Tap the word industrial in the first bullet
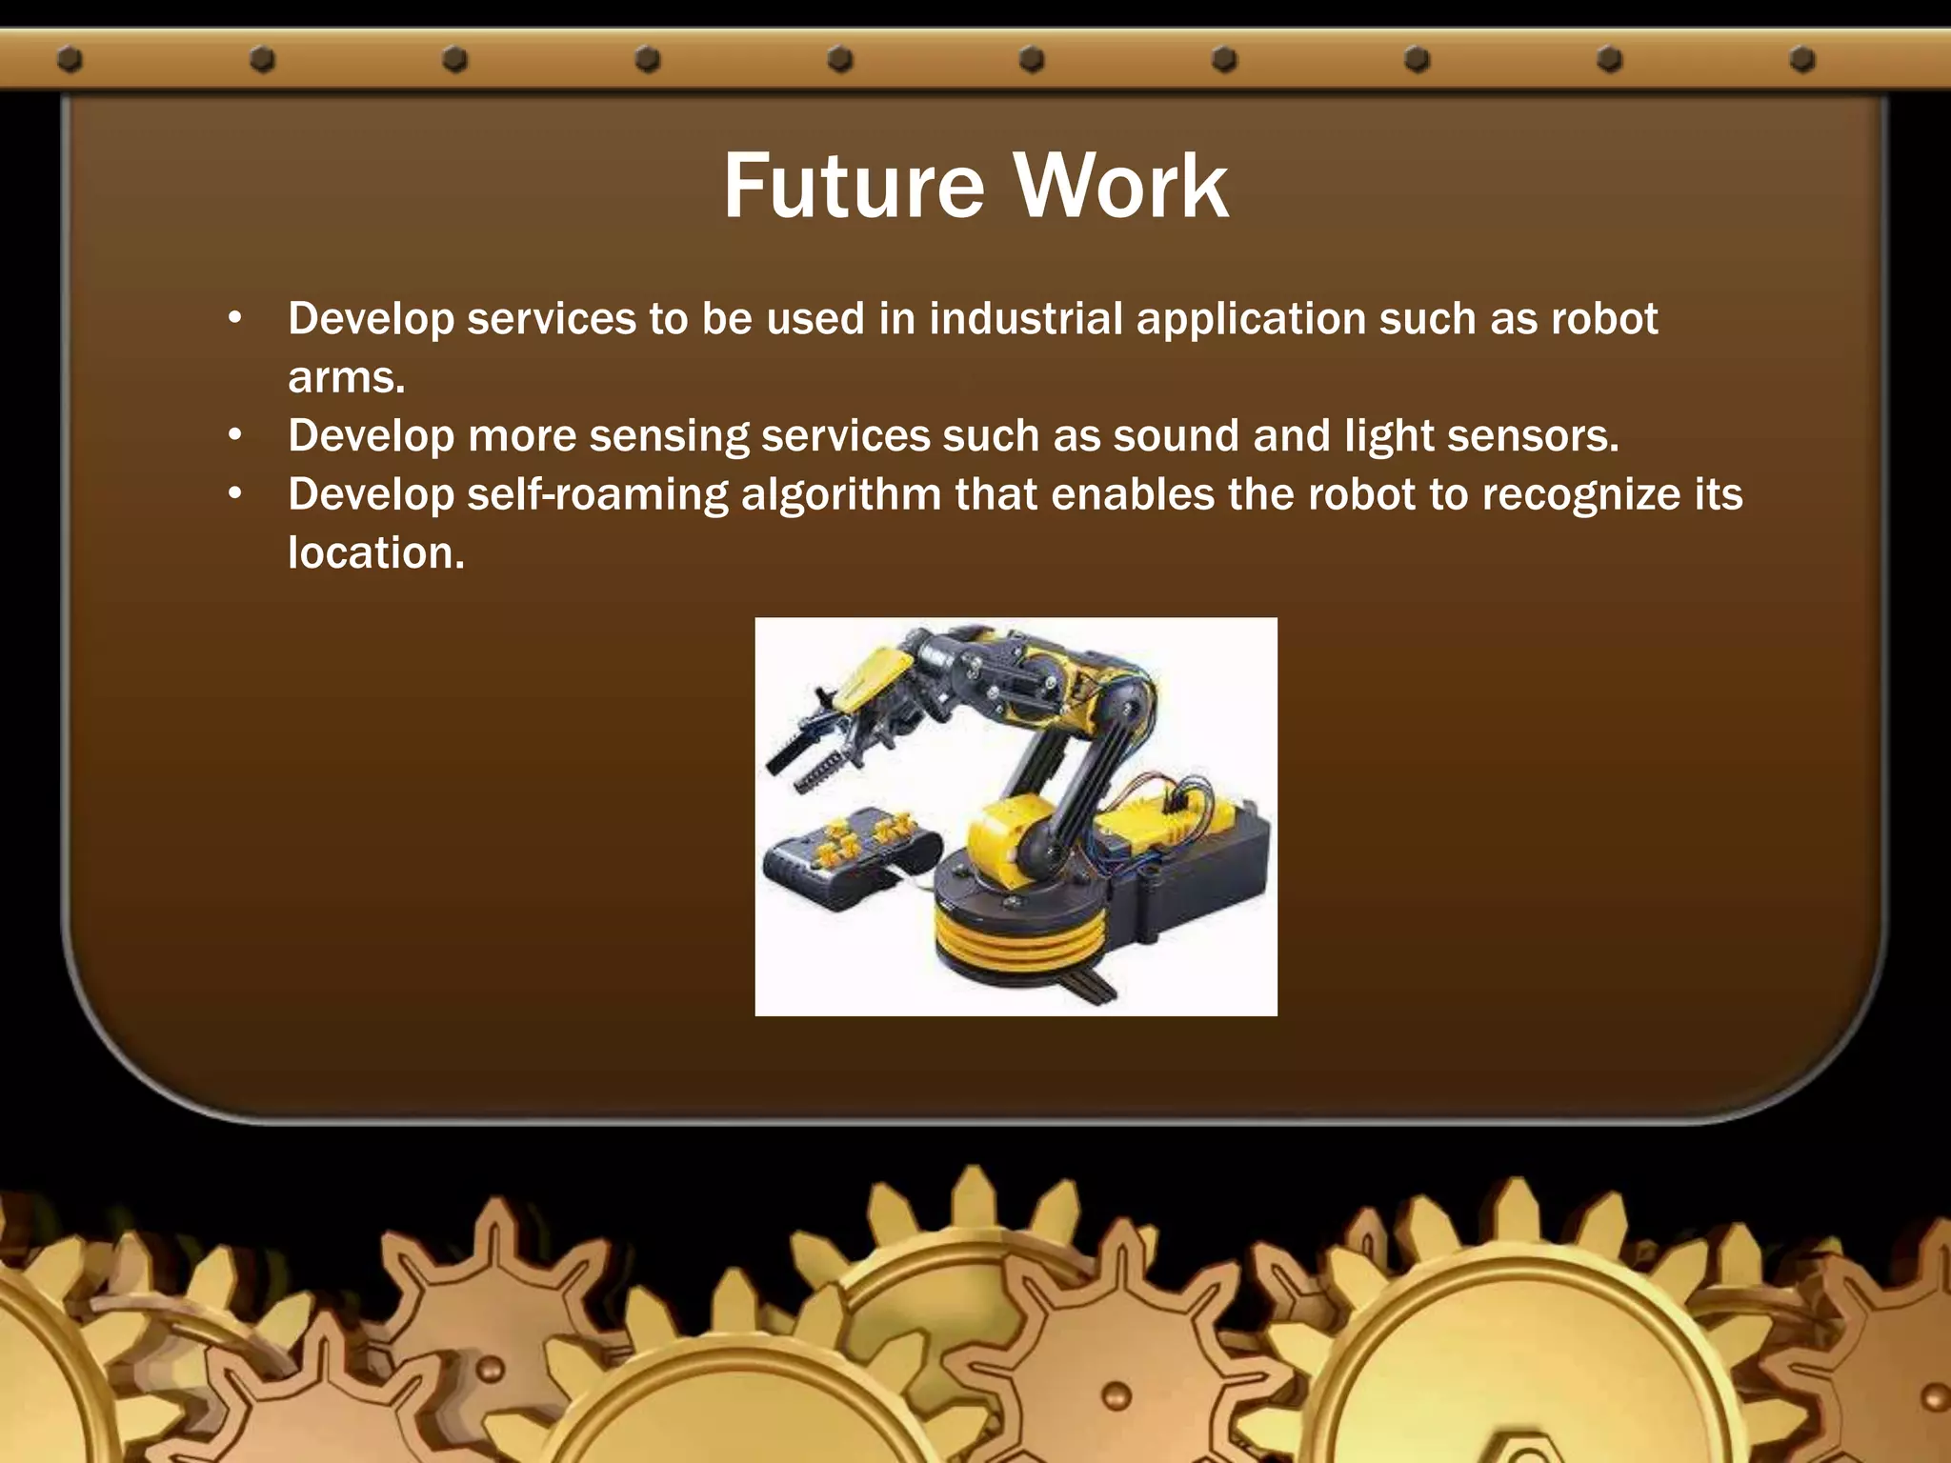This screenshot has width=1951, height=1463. click(x=1026, y=319)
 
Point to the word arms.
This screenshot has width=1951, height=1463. click(x=346, y=378)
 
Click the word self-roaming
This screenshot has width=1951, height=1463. click(x=597, y=495)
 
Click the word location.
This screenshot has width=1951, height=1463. click(x=375, y=553)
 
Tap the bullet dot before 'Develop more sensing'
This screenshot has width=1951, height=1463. click(x=235, y=436)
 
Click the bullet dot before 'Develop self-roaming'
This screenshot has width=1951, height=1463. click(x=235, y=494)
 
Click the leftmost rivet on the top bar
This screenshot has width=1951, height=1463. click(x=70, y=60)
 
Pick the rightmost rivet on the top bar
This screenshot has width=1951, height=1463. click(x=1801, y=60)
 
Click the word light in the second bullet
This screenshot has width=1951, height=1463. click(x=1389, y=437)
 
